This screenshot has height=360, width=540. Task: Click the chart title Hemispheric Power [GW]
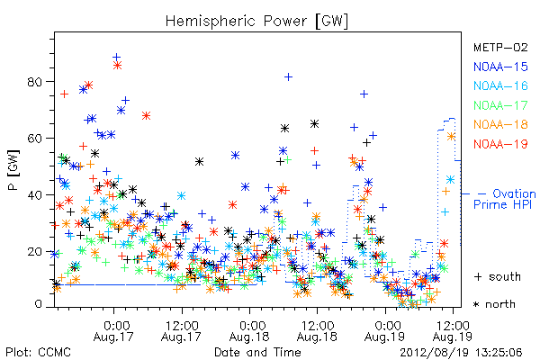tap(256, 21)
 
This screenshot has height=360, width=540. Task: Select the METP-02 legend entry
tap(500, 47)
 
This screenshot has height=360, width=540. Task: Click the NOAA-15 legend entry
tap(500, 67)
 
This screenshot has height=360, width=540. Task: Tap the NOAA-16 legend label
tap(500, 85)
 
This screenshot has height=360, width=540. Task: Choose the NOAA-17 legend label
tap(500, 105)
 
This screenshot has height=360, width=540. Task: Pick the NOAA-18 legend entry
tap(500, 124)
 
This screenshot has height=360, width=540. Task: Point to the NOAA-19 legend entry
tap(500, 144)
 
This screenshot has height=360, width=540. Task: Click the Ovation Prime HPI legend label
tap(505, 199)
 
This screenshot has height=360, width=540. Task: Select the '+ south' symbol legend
tap(498, 276)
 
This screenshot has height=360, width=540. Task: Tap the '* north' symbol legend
tap(494, 304)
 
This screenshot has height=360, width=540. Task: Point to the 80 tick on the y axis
tap(34, 82)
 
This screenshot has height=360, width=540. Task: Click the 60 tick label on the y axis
tap(34, 139)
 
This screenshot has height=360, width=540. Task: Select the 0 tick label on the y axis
tap(38, 304)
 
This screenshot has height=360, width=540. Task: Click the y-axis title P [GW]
tap(13, 170)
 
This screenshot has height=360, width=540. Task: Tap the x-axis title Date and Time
tap(257, 353)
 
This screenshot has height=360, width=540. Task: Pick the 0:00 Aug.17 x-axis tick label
tap(113, 331)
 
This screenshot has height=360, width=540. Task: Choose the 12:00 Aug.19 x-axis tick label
tap(453, 331)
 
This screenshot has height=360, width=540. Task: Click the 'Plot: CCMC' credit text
tap(38, 353)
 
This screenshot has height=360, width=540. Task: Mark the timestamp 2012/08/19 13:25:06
tap(461, 353)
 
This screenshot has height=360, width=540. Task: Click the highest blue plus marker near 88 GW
tap(117, 58)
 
